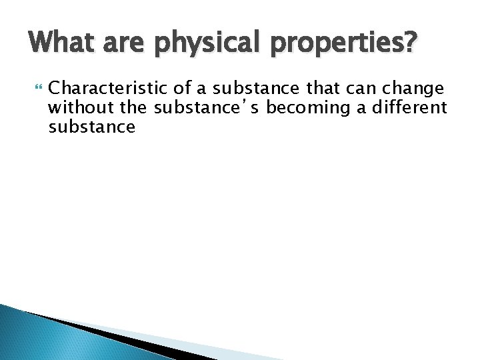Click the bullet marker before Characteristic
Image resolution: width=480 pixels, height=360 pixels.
[x=36, y=88]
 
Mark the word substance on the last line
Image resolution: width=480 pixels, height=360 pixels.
[x=92, y=127]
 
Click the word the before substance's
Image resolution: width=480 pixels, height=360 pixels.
[x=132, y=108]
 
